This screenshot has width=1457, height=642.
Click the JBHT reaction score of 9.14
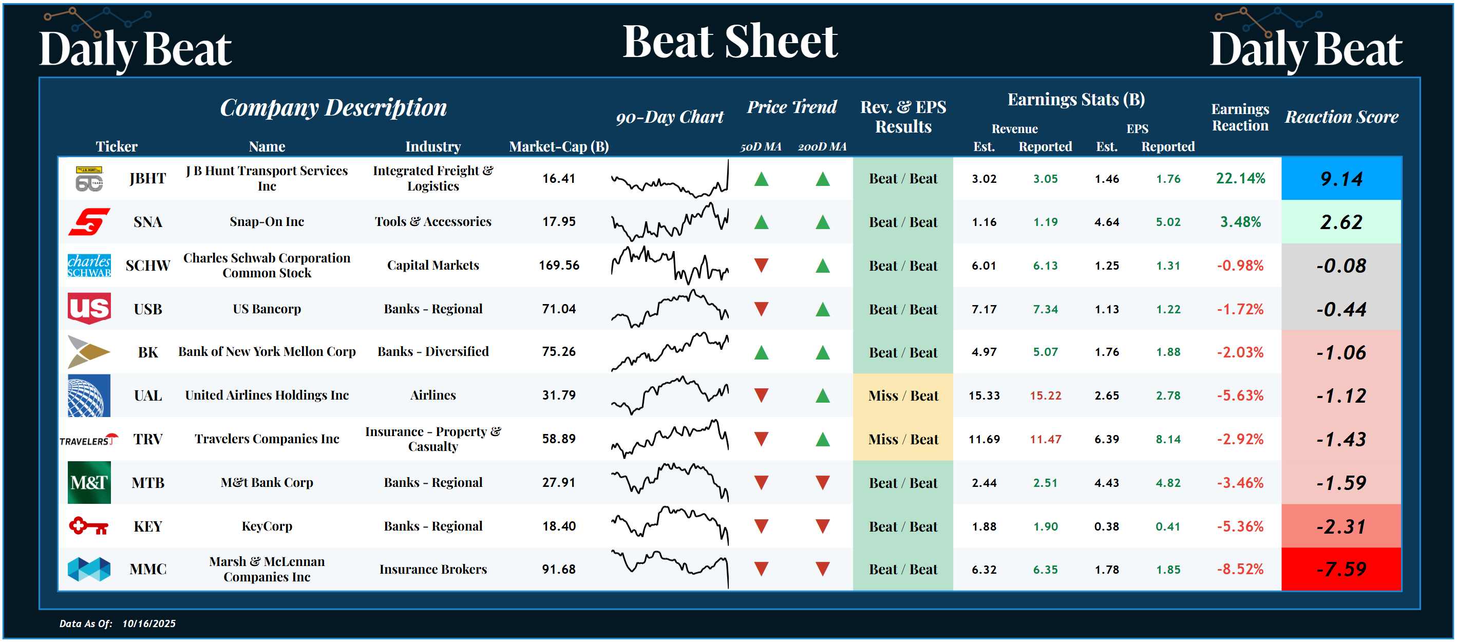[1340, 179]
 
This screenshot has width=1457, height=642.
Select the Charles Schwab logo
[89, 266]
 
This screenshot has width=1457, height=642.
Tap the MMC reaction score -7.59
[1340, 569]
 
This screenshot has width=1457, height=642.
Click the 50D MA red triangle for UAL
[761, 395]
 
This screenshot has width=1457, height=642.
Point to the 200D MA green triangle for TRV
[822, 439]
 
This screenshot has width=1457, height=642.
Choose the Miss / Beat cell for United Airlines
[903, 395]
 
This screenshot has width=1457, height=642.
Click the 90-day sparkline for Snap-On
[670, 222]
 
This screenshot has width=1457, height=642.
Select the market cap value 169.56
[559, 266]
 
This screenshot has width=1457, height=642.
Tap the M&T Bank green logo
[89, 482]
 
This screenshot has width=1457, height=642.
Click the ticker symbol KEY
[147, 526]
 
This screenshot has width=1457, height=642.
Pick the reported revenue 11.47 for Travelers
[1045, 439]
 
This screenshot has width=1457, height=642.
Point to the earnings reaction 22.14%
[1240, 179]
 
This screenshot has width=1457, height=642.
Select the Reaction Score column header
[1341, 117]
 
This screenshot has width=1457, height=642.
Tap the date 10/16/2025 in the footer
[149, 624]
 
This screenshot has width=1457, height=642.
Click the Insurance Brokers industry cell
[433, 569]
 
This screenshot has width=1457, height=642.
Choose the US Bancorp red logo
[89, 308]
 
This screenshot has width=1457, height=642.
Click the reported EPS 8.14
[1168, 439]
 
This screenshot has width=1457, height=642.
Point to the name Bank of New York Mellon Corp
[267, 352]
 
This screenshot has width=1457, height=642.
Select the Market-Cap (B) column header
[559, 146]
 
